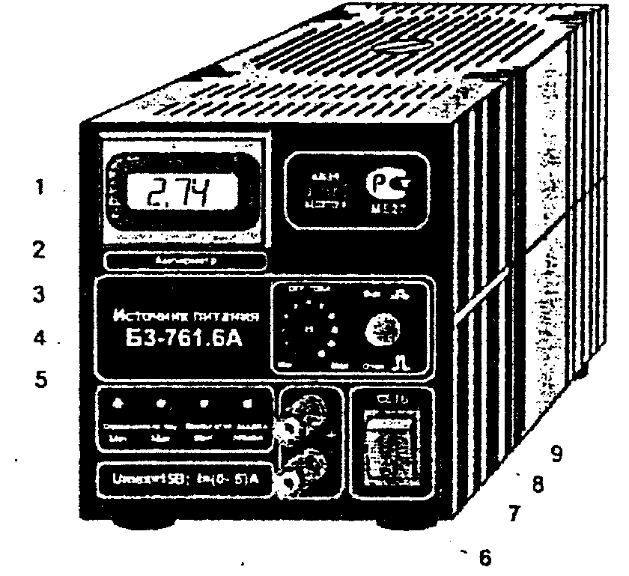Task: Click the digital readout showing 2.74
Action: click(x=177, y=195)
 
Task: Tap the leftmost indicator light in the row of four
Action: click(x=117, y=404)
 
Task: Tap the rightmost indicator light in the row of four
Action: click(x=246, y=404)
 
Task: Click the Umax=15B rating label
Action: click(x=183, y=480)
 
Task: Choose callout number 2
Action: click(x=49, y=249)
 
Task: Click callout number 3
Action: click(x=49, y=294)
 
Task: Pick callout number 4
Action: click(x=49, y=338)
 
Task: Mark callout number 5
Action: click(x=49, y=379)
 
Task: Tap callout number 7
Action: click(x=514, y=514)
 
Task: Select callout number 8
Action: click(x=536, y=485)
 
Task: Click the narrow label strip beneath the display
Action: click(x=185, y=261)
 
